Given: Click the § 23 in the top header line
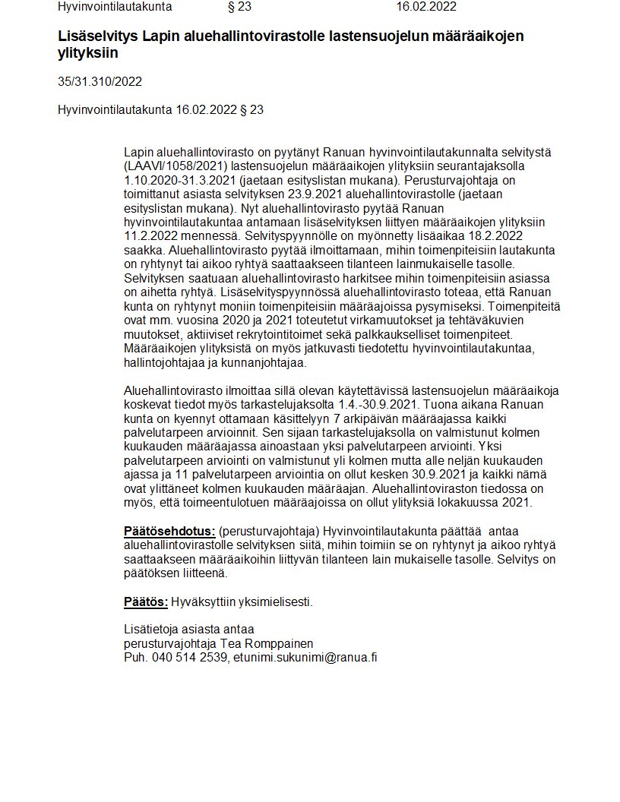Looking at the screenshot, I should tap(239, 7).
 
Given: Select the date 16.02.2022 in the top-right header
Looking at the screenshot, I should tap(426, 7).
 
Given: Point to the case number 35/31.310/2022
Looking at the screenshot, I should tap(100, 82).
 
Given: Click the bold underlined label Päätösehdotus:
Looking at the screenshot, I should tap(169, 531).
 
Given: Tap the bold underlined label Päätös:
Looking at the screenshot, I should tap(146, 602).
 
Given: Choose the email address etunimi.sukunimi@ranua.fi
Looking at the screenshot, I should tap(305, 658).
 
